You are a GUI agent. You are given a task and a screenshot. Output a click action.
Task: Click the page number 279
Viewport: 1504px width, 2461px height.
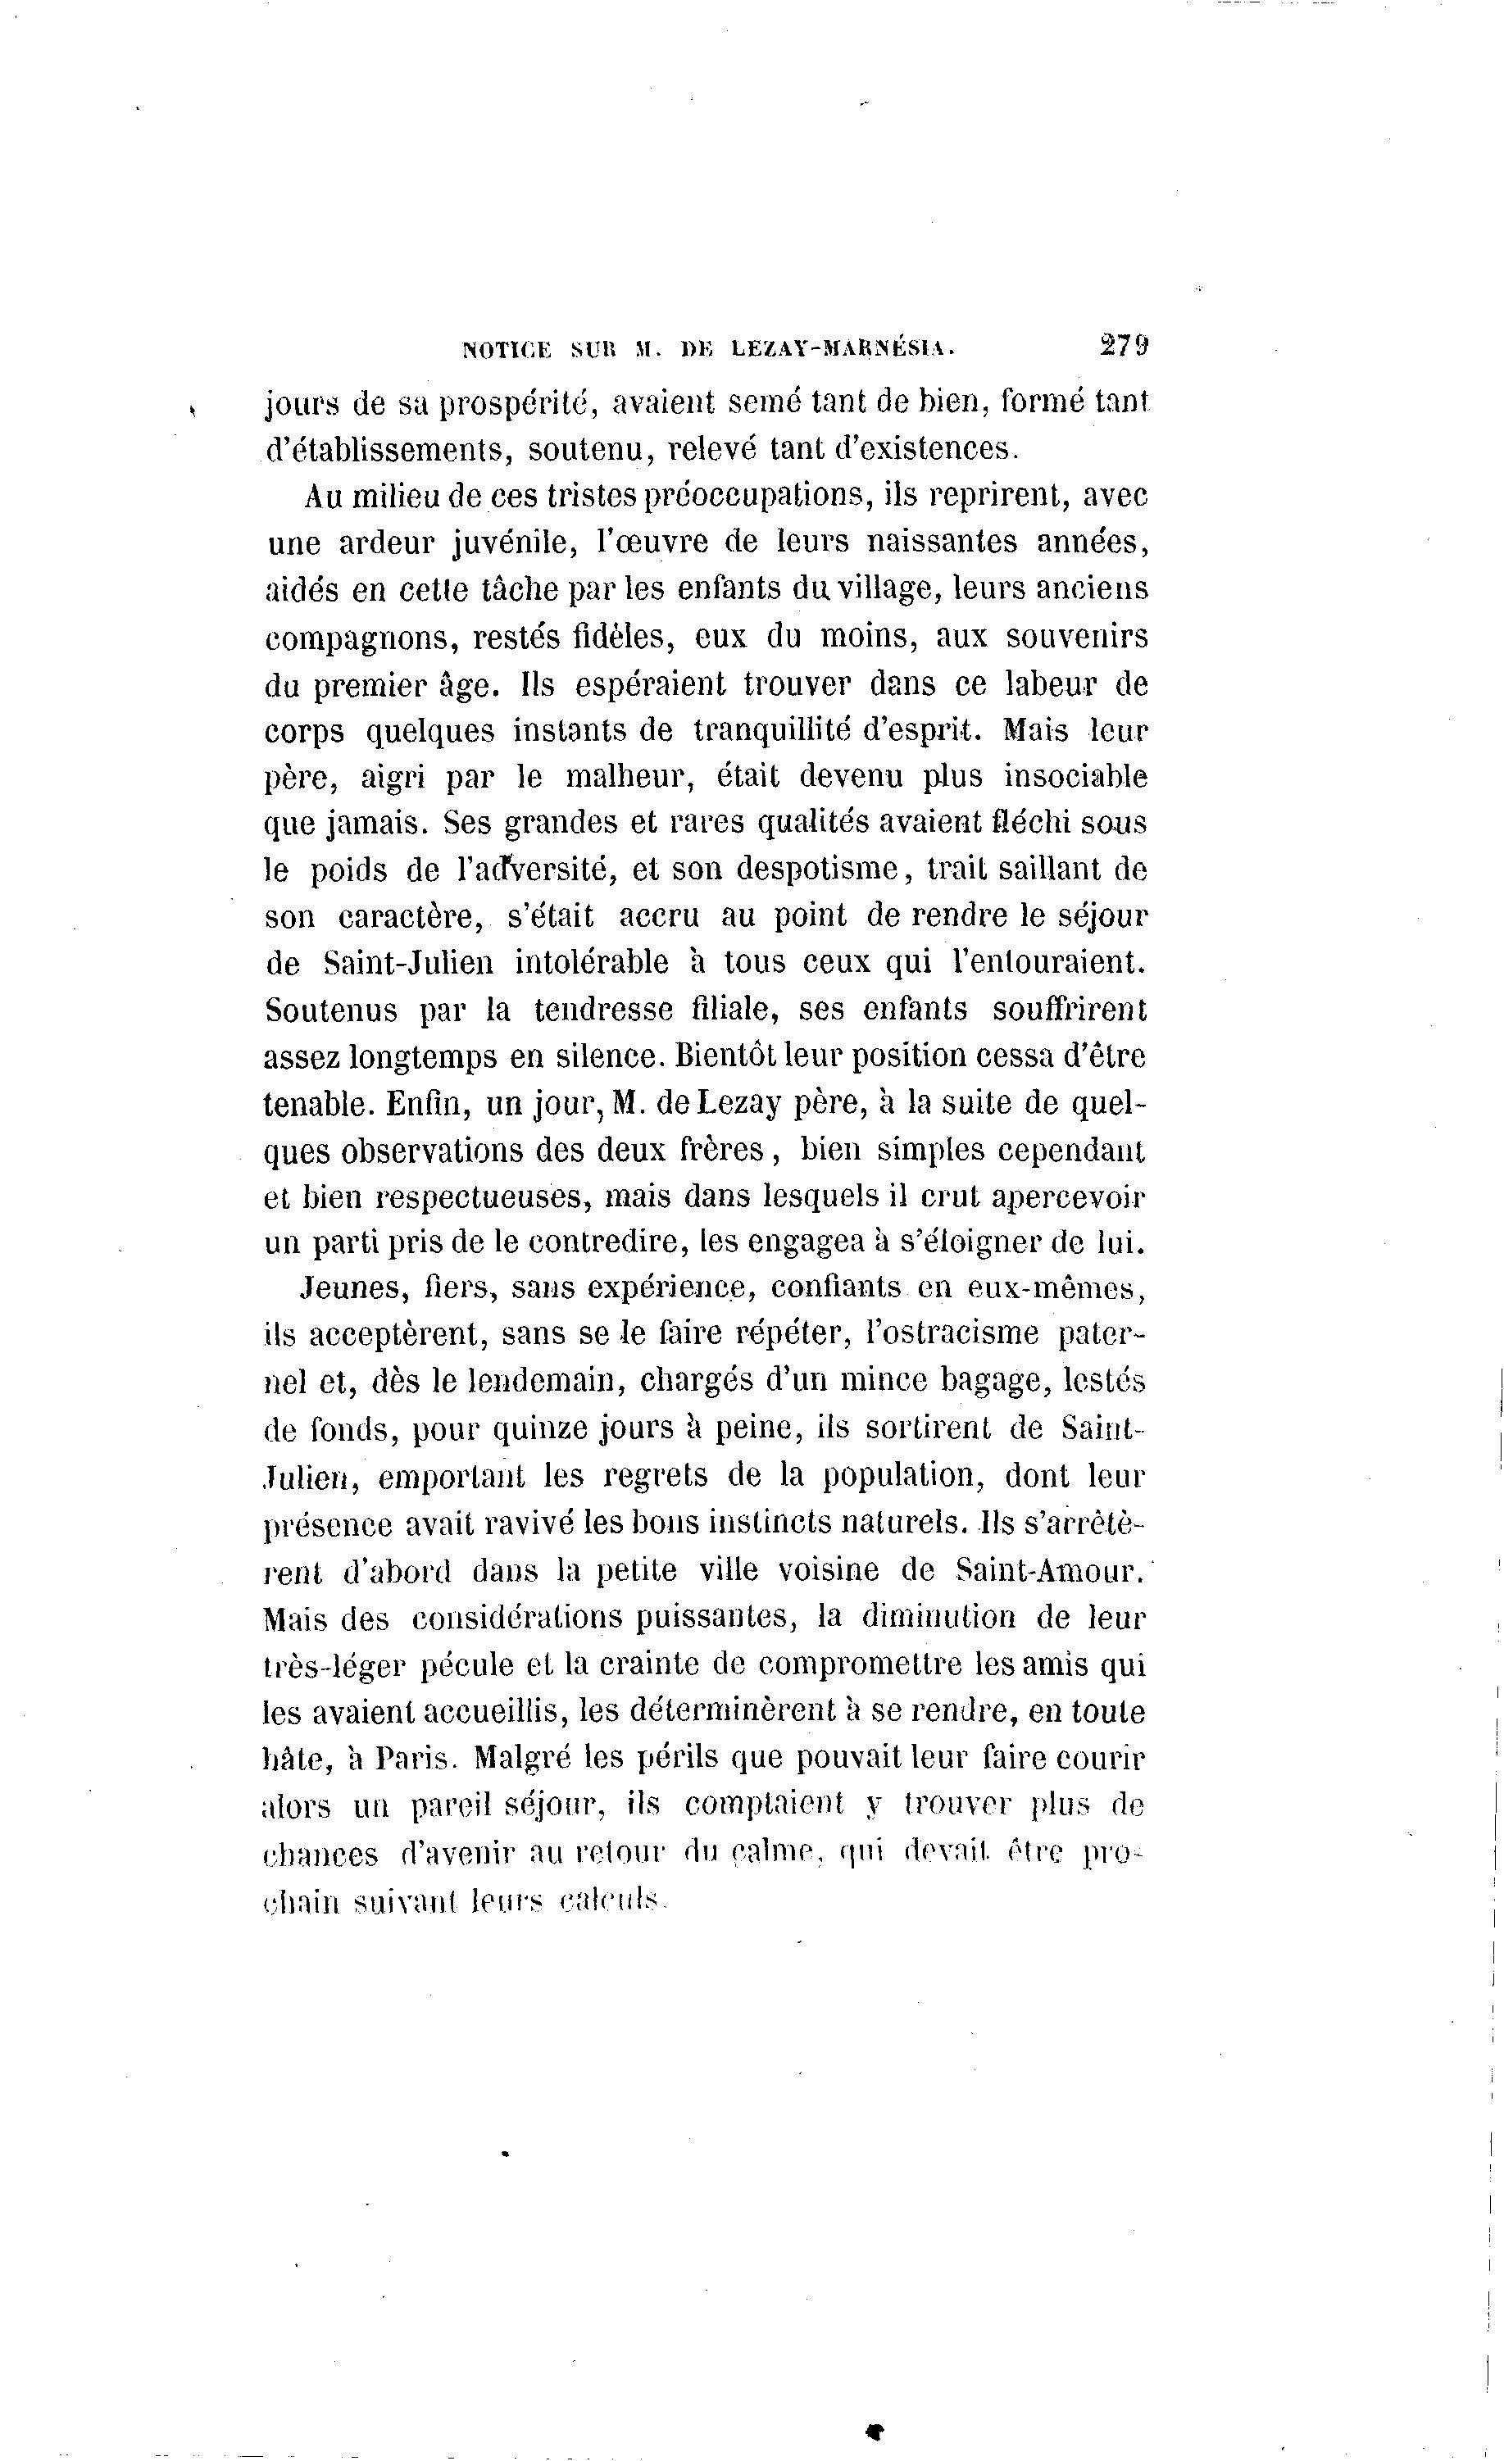pyautogui.click(x=1125, y=347)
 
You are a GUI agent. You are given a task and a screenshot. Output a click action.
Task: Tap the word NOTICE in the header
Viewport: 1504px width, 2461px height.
pyautogui.click(x=507, y=350)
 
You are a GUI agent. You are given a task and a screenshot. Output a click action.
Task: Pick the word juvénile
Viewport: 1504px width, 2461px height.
pyautogui.click(x=511, y=543)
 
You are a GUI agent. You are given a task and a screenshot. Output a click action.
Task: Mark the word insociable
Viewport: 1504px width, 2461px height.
pyautogui.click(x=1075, y=776)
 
